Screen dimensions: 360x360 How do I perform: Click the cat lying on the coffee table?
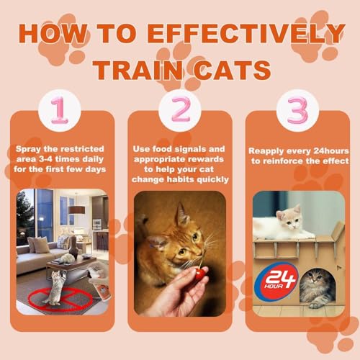point(67,258)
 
